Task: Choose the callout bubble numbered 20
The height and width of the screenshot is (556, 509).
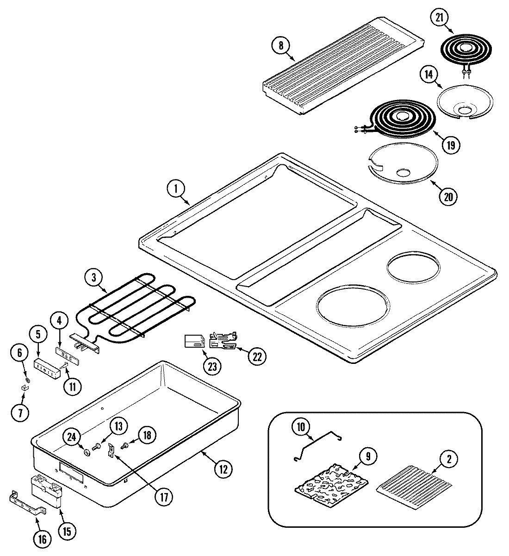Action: pyautogui.click(x=448, y=196)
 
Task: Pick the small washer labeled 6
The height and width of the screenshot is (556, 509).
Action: pyautogui.click(x=27, y=380)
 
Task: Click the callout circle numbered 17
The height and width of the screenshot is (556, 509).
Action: pyautogui.click(x=163, y=496)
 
